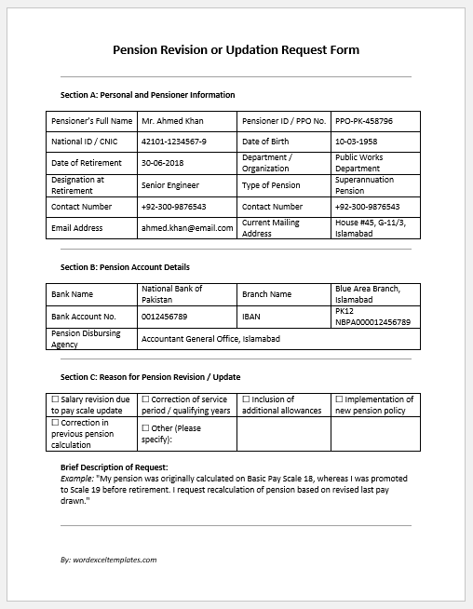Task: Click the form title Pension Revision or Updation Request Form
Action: point(236,49)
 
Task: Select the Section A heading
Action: point(147,95)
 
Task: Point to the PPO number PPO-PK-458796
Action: point(364,121)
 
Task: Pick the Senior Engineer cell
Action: point(170,185)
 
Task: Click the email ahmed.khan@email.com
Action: point(186,228)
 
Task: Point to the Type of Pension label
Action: point(271,185)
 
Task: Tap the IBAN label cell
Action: point(251,317)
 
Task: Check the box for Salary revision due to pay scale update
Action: point(55,399)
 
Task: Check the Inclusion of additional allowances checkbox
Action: point(246,399)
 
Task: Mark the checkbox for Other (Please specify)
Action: point(145,427)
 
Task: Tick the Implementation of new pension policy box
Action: point(339,399)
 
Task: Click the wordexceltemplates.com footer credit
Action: point(108,560)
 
